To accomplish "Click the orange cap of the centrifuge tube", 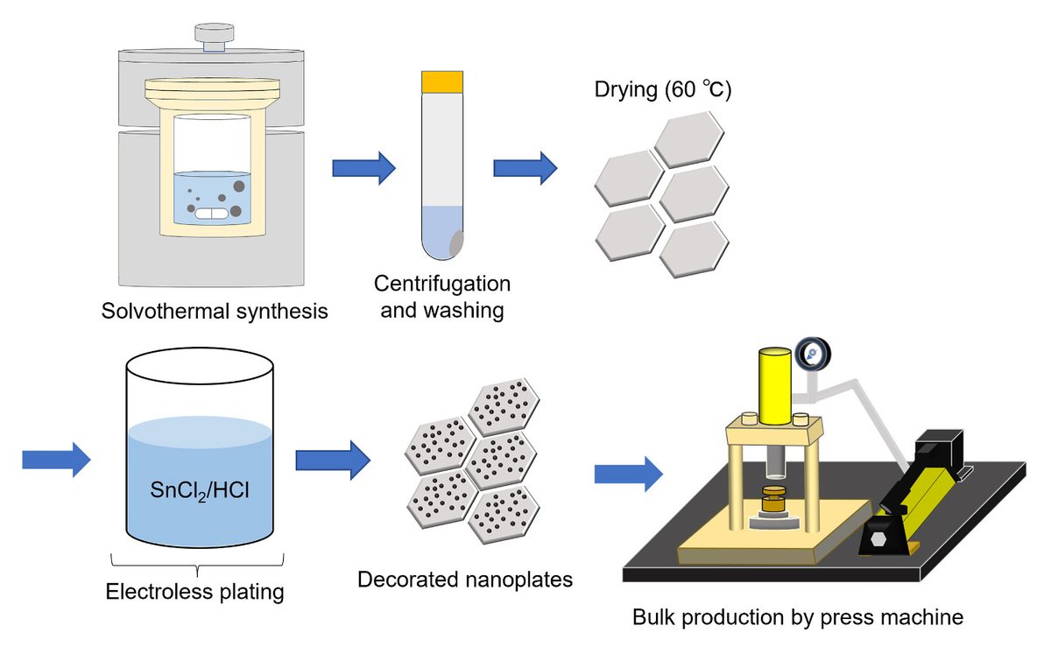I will (x=442, y=81).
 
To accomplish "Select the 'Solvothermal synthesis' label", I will (x=215, y=311).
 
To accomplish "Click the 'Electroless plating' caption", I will (x=194, y=592).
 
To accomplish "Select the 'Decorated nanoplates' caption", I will (x=465, y=579).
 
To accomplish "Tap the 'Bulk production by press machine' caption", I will (x=797, y=617).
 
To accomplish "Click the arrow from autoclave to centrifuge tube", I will (x=363, y=167).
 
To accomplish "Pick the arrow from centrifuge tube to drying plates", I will (x=525, y=167).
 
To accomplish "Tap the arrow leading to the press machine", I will (x=628, y=474).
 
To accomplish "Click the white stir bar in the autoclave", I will (x=210, y=212).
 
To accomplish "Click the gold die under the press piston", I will (x=773, y=501).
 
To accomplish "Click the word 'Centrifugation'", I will (x=442, y=285).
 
